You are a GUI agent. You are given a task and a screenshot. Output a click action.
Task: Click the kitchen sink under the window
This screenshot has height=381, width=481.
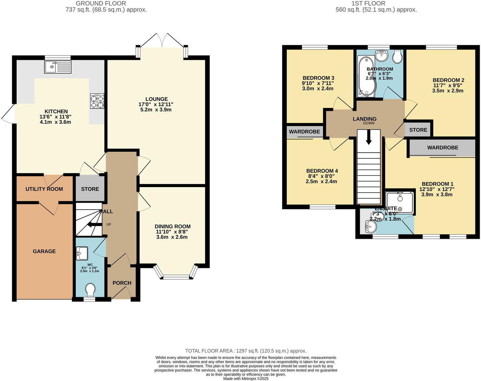[57, 67]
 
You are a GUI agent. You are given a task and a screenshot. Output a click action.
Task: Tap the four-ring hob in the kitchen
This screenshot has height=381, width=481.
[97, 101]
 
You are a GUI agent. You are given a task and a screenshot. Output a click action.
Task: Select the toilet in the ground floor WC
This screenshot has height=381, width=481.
[90, 290]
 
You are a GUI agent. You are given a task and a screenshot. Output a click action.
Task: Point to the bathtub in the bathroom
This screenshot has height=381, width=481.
[365, 76]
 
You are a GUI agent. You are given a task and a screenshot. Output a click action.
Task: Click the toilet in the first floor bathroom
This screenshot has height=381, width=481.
[397, 57]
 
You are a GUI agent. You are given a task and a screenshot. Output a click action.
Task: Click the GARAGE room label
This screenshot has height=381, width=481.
[44, 251]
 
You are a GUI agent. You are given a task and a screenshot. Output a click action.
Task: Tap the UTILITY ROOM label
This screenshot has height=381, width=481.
[44, 189]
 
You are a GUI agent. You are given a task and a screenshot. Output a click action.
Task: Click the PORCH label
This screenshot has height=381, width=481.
[122, 283]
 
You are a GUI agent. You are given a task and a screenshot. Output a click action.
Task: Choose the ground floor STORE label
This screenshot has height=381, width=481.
[90, 189]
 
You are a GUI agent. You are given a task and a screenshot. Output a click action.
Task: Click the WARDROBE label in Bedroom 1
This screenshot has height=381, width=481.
[442, 148]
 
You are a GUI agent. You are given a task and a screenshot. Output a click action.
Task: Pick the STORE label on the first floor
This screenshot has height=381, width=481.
[418, 130]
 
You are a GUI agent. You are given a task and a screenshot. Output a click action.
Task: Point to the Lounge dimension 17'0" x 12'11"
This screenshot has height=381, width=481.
[156, 104]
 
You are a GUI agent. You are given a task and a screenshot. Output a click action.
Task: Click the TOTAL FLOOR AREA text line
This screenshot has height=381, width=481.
[246, 351]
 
